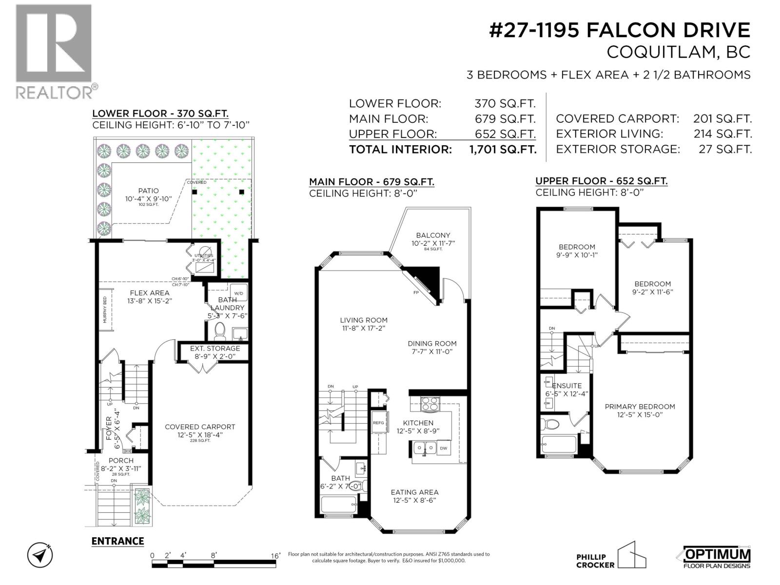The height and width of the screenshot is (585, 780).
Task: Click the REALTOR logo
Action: click(x=54, y=51)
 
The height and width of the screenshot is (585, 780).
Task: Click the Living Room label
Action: click(x=364, y=324)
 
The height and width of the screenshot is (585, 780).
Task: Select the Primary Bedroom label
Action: click(x=640, y=410)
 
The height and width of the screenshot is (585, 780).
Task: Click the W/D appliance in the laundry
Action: click(x=238, y=293)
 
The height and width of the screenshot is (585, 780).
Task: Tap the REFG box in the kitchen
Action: click(x=378, y=423)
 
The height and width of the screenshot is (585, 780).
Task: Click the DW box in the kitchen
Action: click(x=443, y=448)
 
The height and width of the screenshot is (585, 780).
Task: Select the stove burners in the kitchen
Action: click(x=429, y=404)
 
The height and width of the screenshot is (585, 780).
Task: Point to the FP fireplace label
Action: click(x=416, y=292)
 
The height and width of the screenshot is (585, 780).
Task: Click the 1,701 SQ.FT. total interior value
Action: click(x=502, y=149)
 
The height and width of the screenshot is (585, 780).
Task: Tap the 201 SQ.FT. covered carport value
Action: click(x=722, y=118)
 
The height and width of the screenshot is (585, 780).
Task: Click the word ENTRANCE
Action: click(x=117, y=541)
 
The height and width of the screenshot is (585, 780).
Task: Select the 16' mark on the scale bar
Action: click(x=275, y=556)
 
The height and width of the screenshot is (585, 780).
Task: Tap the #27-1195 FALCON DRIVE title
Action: click(x=619, y=30)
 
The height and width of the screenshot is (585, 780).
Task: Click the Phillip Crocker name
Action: click(x=591, y=561)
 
